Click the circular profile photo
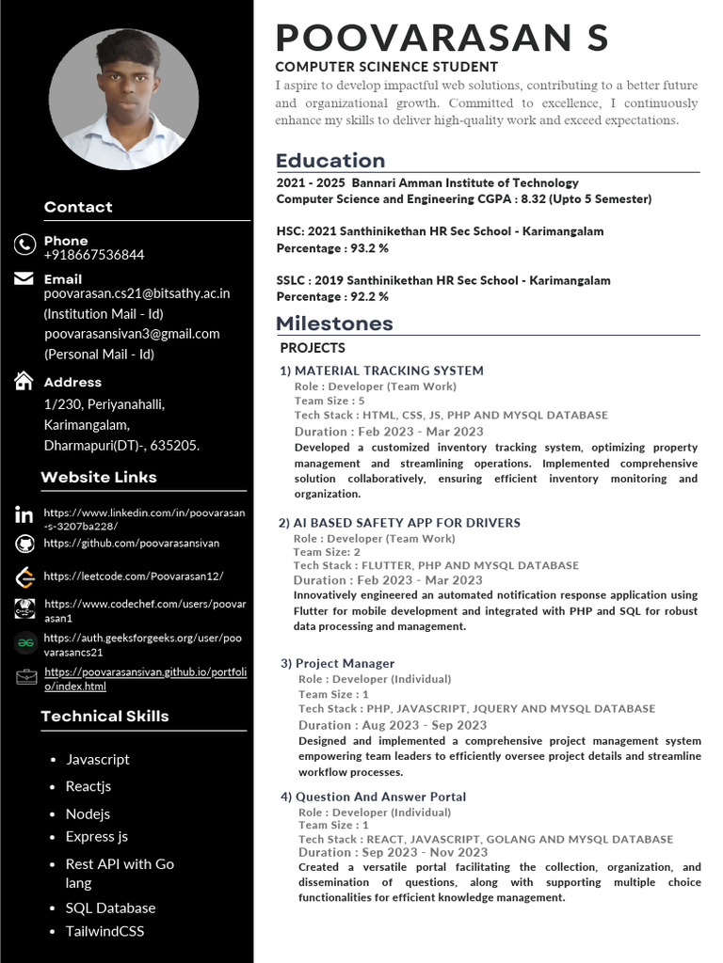[123, 99]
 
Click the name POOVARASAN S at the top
[442, 38]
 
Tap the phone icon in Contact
[24, 245]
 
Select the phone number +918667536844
[94, 255]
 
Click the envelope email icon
[24, 278]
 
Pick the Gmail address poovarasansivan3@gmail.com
[132, 333]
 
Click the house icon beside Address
[24, 381]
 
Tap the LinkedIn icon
[24, 514]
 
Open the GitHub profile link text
[131, 543]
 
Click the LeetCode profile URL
[133, 576]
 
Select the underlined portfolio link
[145, 679]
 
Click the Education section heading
[330, 160]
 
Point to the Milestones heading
[334, 324]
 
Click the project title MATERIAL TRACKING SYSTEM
[389, 371]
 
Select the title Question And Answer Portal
[380, 797]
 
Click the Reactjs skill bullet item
[88, 786]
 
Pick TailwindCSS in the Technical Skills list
[104, 931]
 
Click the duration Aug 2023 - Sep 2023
[425, 725]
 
